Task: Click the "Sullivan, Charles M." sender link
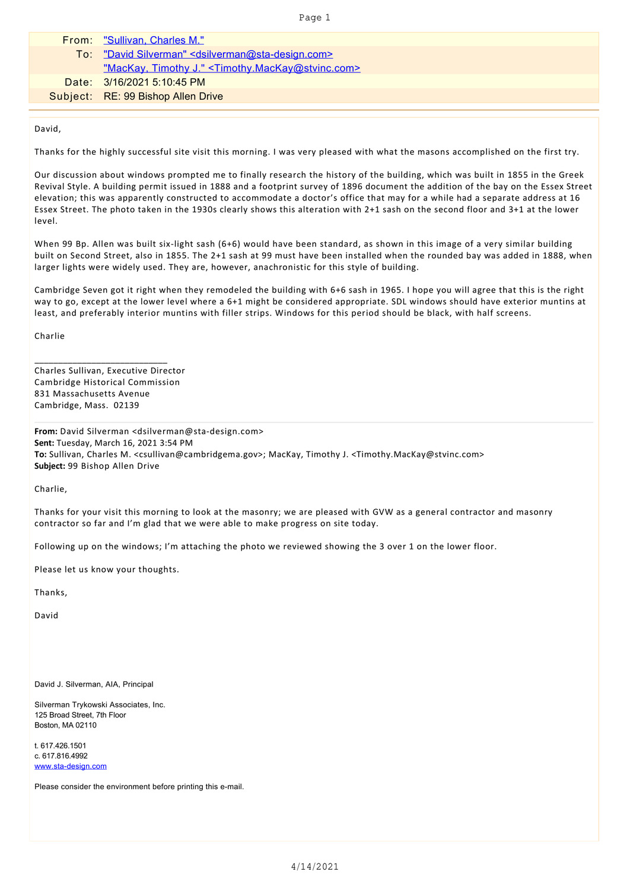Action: pos(154,40)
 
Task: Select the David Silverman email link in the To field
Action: pos(218,55)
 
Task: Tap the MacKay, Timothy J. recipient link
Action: pos(231,68)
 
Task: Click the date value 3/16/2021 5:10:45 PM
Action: pos(154,82)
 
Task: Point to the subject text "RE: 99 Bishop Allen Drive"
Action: pos(163,96)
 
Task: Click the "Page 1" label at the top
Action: pos(314,18)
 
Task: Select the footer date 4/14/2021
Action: pos(314,867)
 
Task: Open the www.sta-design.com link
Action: pos(71,767)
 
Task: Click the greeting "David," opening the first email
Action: pos(47,129)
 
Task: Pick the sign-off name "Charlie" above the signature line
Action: pos(49,336)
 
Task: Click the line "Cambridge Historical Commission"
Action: pos(107,383)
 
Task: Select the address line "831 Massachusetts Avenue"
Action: pos(92,394)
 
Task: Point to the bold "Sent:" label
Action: pos(44,443)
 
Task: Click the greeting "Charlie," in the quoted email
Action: pos(50,489)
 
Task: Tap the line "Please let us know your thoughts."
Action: pos(107,570)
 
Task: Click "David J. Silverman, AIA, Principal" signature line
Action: pos(94,684)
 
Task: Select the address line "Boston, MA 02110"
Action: pos(65,725)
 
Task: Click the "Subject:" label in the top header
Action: pos(71,96)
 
